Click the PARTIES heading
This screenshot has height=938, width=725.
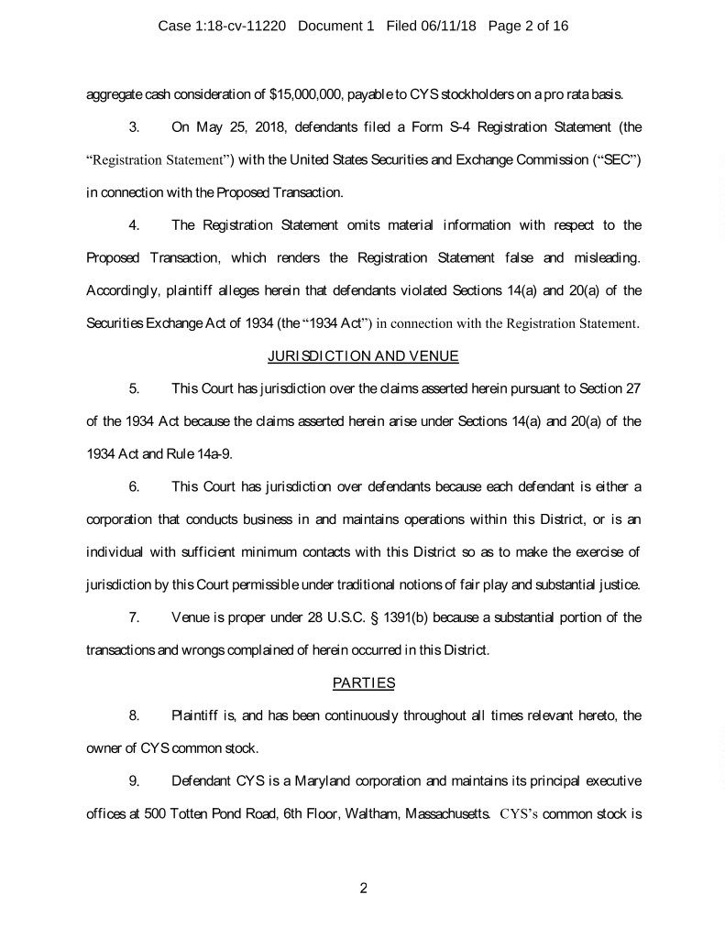click(x=363, y=682)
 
